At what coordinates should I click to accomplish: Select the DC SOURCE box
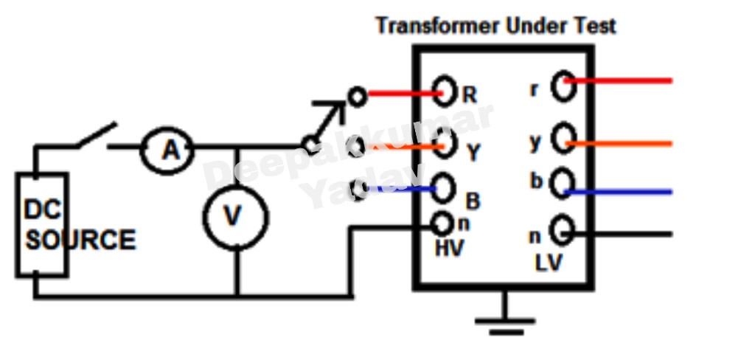pos(42,225)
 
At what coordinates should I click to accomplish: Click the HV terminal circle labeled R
pos(445,91)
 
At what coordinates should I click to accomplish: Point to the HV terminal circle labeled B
pos(444,187)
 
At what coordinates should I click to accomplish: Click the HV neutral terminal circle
pos(442,222)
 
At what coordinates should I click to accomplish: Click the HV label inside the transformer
pos(449,249)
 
